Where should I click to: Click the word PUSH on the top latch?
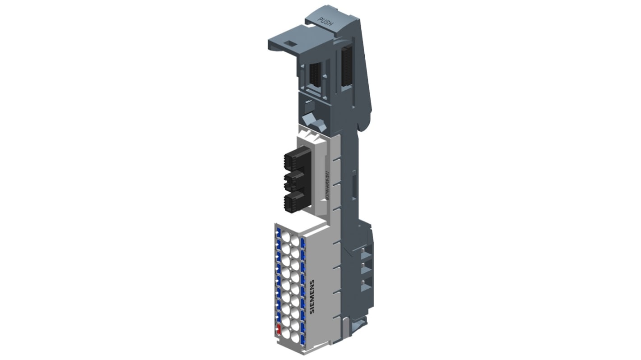pos(325,22)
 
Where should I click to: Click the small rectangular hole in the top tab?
pos(292,44)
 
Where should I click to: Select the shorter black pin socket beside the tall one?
pos(316,75)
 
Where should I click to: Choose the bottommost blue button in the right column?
pos(303,337)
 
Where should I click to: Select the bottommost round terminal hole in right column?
pos(295,337)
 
